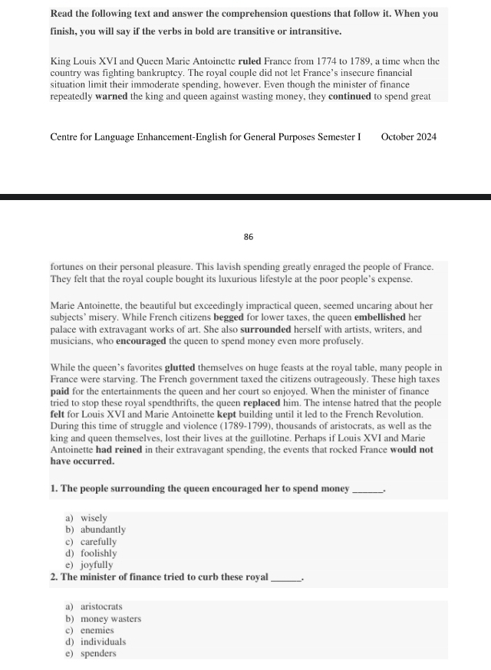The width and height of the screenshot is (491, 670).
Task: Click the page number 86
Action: pyautogui.click(x=249, y=238)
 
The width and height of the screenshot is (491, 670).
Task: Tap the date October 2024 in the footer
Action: pyautogui.click(x=408, y=137)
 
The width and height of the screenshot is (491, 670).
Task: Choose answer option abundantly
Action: pyautogui.click(x=104, y=530)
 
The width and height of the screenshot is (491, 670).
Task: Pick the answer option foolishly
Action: pyautogui.click(x=99, y=553)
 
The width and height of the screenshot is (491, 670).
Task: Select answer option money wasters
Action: pyautogui.click(x=111, y=619)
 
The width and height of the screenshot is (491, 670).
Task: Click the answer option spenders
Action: pyautogui.click(x=99, y=653)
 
